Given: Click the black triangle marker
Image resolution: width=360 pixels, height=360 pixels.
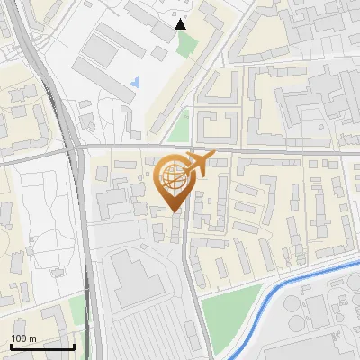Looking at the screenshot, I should click(181, 24).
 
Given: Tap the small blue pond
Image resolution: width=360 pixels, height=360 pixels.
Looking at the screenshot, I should click(135, 83).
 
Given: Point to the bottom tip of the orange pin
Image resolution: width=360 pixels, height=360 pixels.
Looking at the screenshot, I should click(173, 211).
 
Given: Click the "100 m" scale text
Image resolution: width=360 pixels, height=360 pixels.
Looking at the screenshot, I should click(24, 337).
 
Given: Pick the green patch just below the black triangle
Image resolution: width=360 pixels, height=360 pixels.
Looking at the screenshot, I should click(185, 44).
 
